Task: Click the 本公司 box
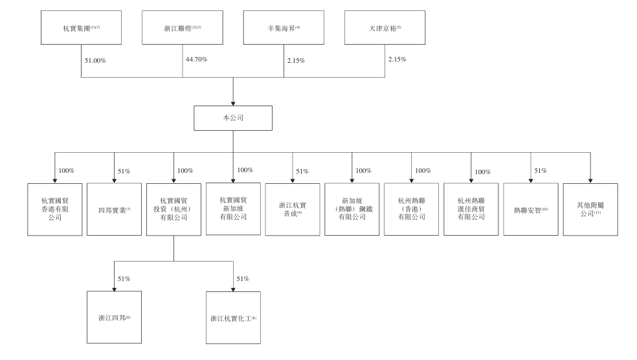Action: click(232, 118)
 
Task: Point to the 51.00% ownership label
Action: click(96, 61)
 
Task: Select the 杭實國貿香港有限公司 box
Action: click(54, 210)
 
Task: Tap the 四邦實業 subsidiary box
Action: click(113, 210)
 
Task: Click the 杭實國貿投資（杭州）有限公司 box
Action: click(173, 210)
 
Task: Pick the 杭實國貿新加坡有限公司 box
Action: click(232, 208)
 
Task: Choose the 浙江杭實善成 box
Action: click(292, 210)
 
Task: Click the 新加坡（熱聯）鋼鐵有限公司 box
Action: click(352, 210)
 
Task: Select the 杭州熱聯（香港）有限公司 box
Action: click(411, 210)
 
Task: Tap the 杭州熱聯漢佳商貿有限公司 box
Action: click(471, 210)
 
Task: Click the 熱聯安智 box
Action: click(531, 210)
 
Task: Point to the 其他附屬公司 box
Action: click(590, 210)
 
